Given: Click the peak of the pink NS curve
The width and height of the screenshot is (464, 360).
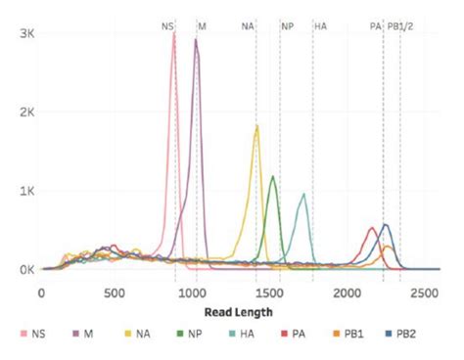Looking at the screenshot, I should [x=174, y=34].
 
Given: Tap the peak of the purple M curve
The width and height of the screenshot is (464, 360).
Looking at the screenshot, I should [x=196, y=41].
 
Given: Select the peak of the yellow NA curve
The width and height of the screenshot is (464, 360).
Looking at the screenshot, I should [x=256, y=126].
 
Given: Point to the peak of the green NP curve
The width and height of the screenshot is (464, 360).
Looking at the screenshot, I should [x=273, y=177].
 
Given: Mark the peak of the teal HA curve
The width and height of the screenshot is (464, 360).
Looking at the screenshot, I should [x=303, y=194].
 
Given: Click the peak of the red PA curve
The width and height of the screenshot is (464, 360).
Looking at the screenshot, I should [x=372, y=228].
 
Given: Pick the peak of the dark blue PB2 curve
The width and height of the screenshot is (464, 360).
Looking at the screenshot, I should [x=386, y=225].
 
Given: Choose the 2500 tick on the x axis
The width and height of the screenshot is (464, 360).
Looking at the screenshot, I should [x=423, y=292].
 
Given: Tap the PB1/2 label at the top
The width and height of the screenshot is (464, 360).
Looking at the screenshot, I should [x=400, y=25].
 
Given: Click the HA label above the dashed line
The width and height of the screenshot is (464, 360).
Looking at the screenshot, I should [x=320, y=25].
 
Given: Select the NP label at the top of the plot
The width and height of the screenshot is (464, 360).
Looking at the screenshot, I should [x=287, y=25].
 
